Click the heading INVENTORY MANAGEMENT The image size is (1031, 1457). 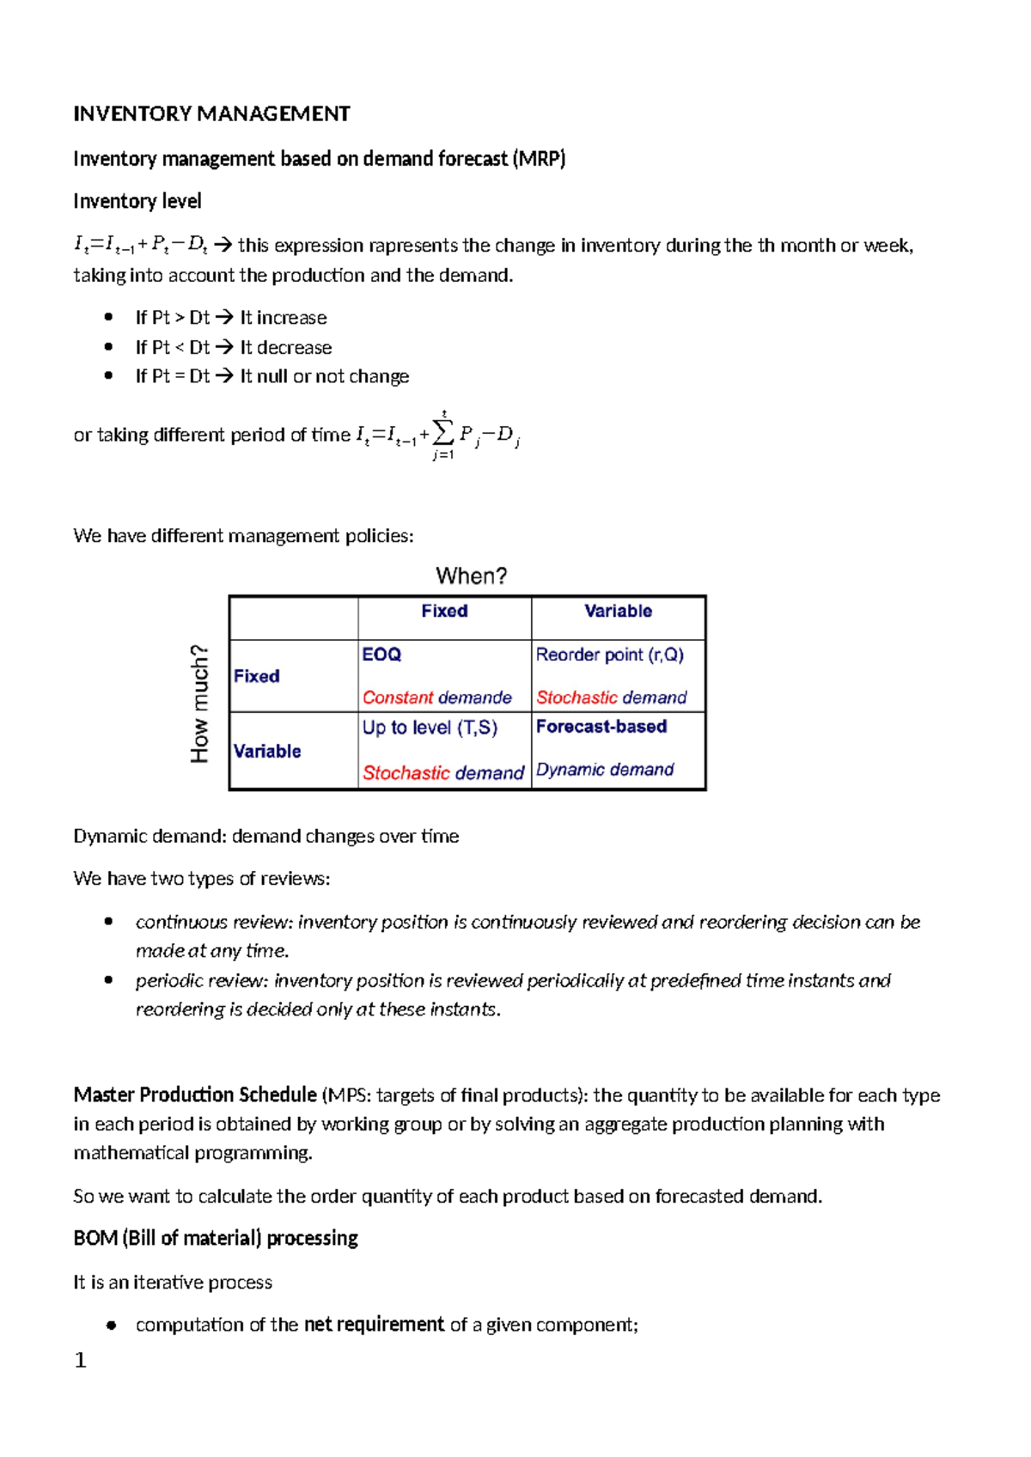pos(211,114)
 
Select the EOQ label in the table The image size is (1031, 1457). pos(381,655)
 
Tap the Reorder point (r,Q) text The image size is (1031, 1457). pos(609,655)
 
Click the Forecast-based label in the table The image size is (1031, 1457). pos(601,727)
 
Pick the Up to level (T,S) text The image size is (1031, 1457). pos(430,728)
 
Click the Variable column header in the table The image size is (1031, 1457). pos(618,611)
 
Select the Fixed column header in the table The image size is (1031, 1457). pos(444,611)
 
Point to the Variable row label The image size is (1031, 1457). pos(267,751)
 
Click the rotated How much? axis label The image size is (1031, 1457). pos(199,703)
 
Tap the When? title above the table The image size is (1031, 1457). pos(471,576)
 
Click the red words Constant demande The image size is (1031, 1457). pos(436,698)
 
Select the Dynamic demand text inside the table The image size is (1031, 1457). pos(605,770)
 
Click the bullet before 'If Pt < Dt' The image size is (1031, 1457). pos(108,347)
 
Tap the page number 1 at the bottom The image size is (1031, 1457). pos(81,1360)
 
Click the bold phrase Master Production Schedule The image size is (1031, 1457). pos(195,1095)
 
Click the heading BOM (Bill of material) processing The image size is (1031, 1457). pos(216,1239)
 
